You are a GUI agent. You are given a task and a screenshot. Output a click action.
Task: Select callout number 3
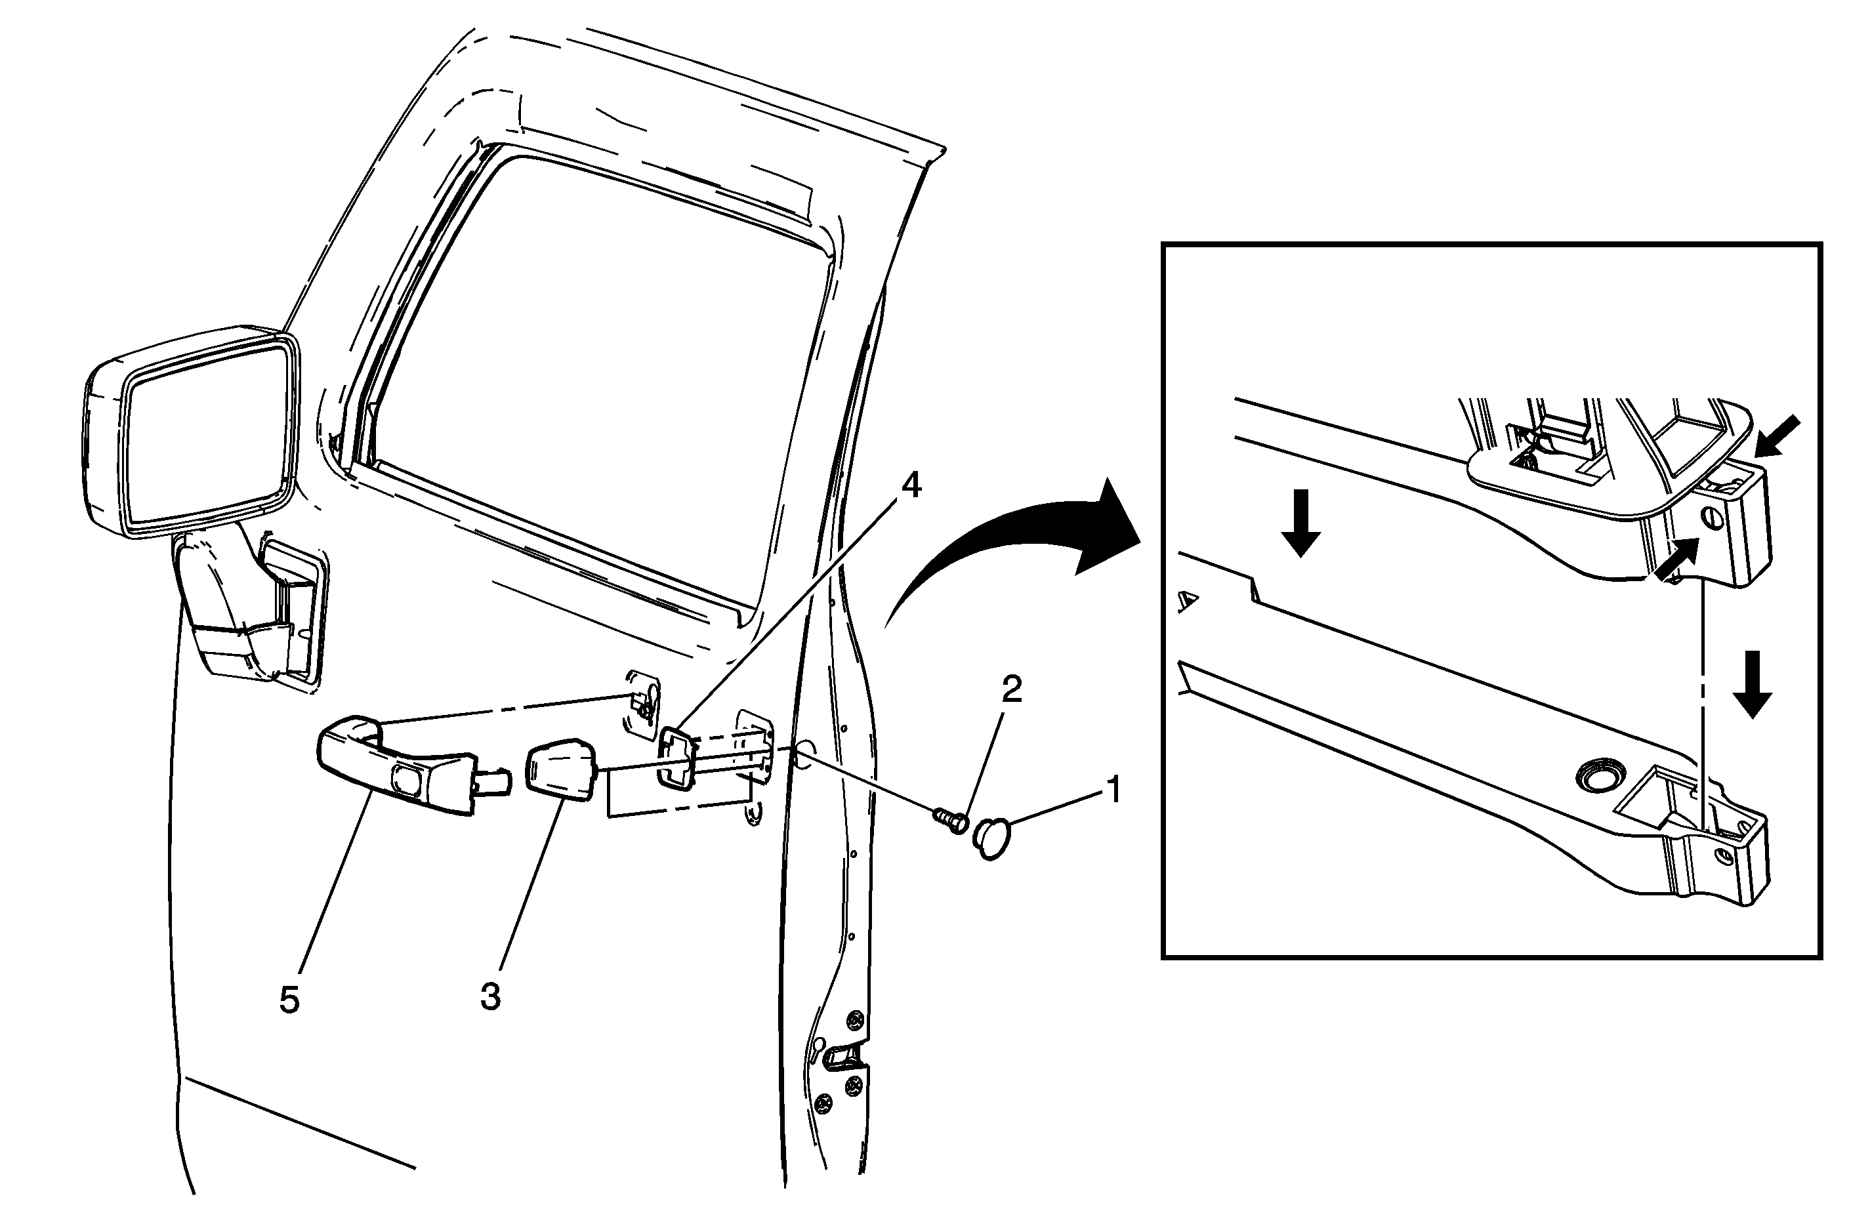click(490, 998)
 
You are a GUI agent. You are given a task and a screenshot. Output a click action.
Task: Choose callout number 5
click(289, 1001)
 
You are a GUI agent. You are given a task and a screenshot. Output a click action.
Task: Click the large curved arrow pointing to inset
click(1014, 550)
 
